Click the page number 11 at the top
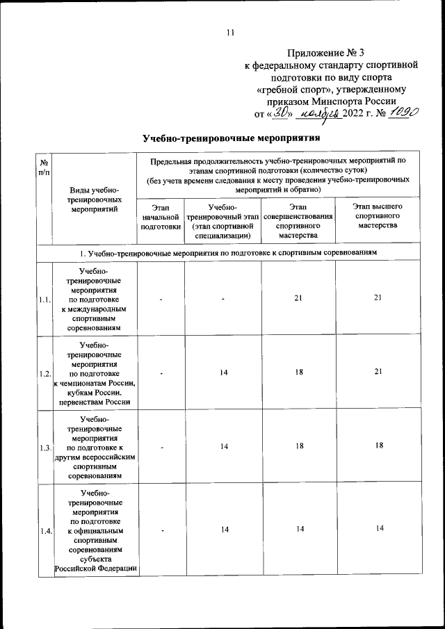(231, 32)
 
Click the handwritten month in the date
(323, 114)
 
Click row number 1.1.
(45, 299)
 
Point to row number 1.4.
(45, 532)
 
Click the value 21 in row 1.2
(378, 373)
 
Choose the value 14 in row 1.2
(224, 373)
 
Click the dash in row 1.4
(161, 532)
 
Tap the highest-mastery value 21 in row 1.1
(378, 299)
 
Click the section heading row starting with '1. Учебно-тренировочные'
(229, 252)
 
